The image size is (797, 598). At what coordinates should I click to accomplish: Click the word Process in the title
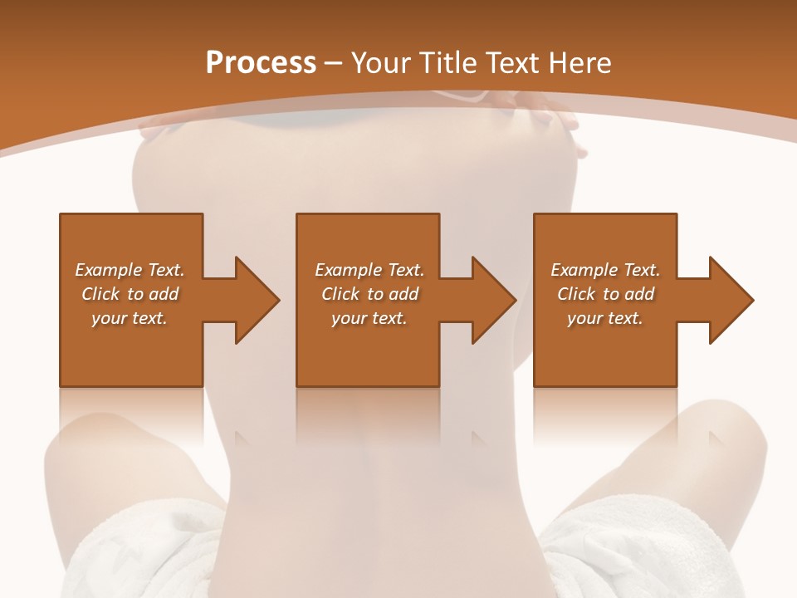[261, 63]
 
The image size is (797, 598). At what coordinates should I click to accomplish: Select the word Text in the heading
[511, 63]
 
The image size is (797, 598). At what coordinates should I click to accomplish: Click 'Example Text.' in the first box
[130, 270]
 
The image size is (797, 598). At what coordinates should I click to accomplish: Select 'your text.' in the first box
[130, 318]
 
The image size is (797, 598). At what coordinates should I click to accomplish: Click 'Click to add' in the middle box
[369, 294]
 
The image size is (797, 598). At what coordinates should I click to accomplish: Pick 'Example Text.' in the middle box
[369, 270]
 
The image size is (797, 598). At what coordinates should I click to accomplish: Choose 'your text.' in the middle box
[369, 318]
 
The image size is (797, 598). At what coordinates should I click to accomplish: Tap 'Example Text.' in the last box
[605, 270]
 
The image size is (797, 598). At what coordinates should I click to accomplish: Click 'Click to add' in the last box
[605, 294]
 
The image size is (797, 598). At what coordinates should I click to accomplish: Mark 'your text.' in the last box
[605, 318]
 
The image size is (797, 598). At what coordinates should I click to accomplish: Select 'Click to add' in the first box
[130, 294]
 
